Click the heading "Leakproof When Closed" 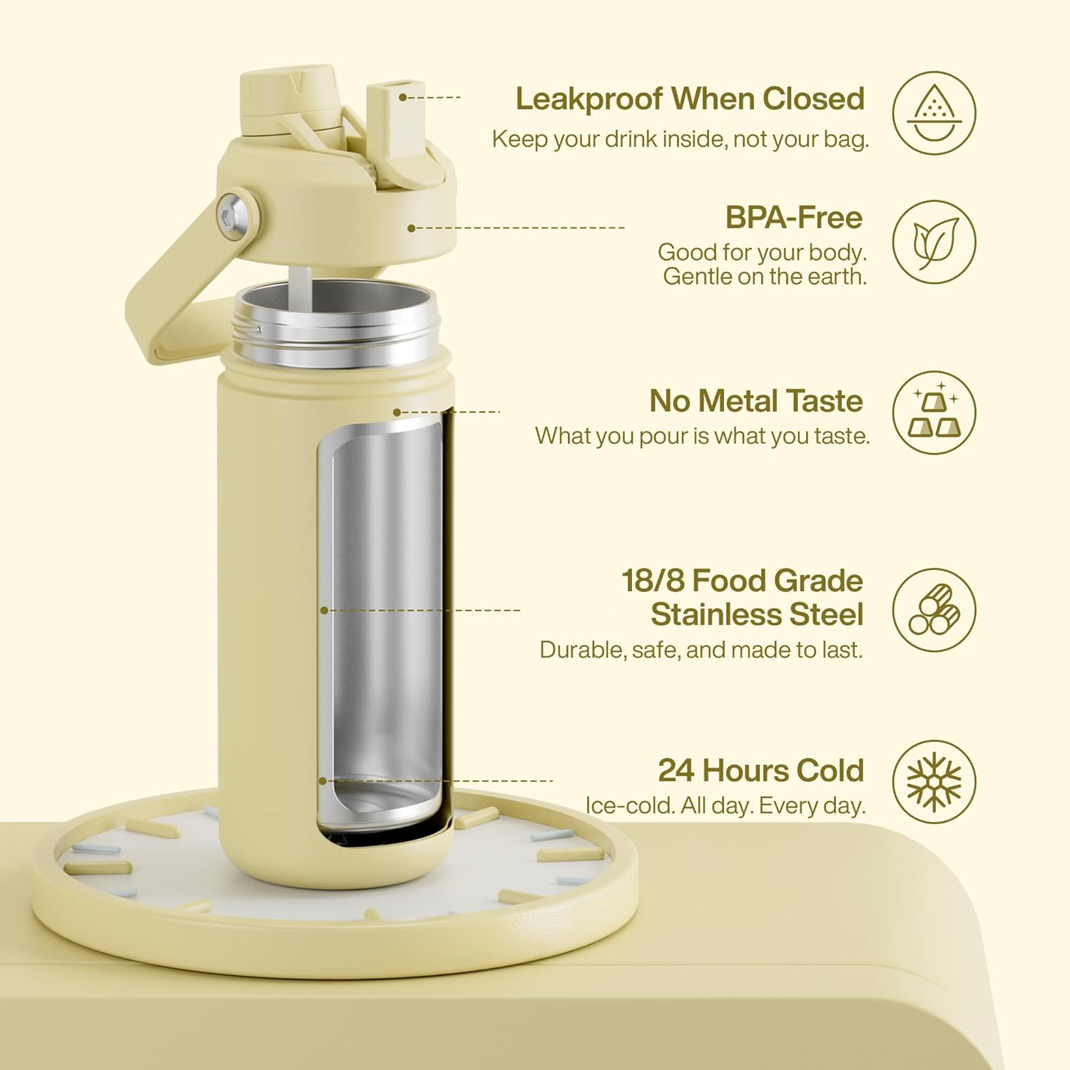click(x=690, y=98)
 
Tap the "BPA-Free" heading click(x=794, y=218)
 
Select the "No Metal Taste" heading click(x=756, y=401)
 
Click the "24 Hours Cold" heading click(x=760, y=770)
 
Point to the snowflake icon click(x=934, y=781)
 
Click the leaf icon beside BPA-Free click(x=934, y=242)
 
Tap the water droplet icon click(x=934, y=113)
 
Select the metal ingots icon click(x=934, y=412)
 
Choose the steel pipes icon click(x=934, y=610)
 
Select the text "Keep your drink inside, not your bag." click(x=681, y=139)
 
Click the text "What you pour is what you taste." click(x=703, y=436)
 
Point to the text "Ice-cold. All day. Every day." click(x=725, y=805)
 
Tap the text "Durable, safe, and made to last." click(x=701, y=650)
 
